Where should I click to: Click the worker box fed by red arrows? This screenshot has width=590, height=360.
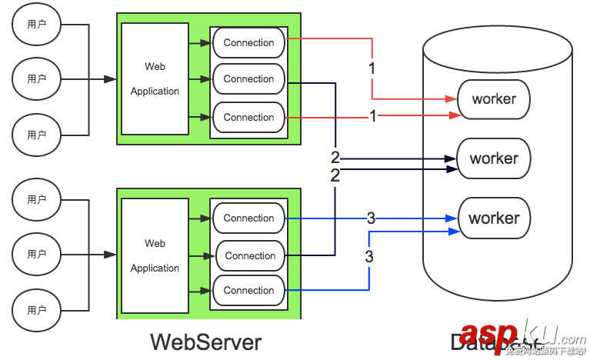494,99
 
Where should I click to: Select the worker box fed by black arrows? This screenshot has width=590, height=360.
494,158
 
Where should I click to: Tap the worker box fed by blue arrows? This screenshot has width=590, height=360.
494,218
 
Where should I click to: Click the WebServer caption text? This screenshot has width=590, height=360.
205,342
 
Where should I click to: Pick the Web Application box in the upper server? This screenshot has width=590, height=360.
155,78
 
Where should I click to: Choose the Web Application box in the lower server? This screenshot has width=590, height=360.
155,255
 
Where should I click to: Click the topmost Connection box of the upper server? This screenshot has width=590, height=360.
248,43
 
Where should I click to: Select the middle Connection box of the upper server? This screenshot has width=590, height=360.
248,79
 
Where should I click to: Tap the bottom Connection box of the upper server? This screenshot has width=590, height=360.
248,118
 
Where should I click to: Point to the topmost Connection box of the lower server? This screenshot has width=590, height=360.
248,218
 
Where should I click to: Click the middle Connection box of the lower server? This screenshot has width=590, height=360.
250,256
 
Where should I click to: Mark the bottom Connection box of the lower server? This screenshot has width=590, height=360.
248,291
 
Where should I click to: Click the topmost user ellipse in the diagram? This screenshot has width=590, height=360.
36,25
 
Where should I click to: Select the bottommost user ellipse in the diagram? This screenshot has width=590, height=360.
36,310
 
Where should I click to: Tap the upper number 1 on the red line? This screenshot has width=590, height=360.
372,68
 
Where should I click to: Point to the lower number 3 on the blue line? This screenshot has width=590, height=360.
369,256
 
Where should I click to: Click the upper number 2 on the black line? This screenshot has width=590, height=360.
335,158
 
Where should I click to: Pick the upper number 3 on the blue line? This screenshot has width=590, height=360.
371,218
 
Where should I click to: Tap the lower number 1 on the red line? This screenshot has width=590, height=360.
373,117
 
